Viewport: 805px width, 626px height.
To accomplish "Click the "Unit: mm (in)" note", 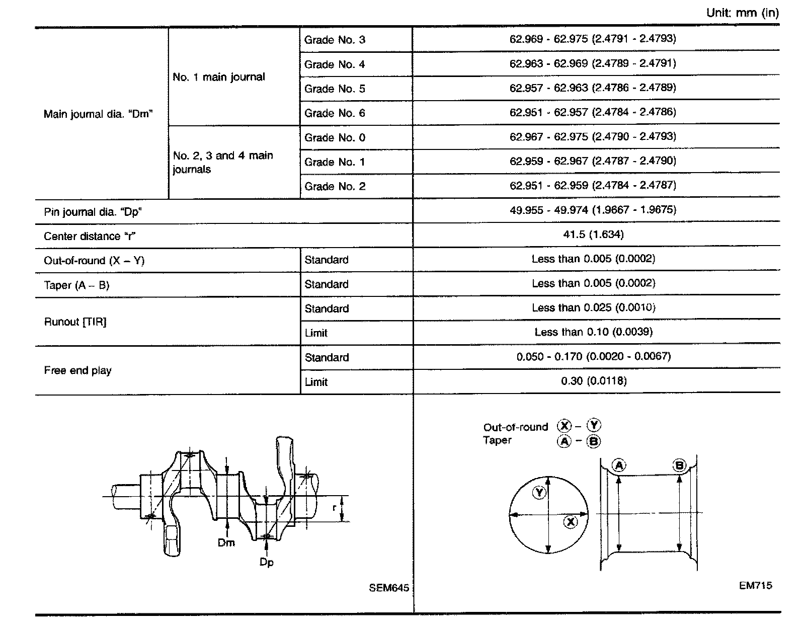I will tap(742, 13).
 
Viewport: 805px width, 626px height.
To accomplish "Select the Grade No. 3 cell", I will tap(335, 40).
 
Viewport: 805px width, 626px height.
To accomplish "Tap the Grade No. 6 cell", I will tap(335, 113).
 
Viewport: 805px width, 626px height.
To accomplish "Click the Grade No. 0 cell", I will tap(335, 137).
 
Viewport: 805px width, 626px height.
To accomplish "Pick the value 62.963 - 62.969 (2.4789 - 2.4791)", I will tap(592, 63).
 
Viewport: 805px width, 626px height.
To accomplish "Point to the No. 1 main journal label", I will tap(218, 77).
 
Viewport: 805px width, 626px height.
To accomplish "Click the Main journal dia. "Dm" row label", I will tap(98, 114).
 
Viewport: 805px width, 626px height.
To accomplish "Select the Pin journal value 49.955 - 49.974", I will tap(592, 210).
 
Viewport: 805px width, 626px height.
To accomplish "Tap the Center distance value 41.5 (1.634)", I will tap(593, 234).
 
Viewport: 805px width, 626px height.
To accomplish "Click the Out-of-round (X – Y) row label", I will tap(94, 261).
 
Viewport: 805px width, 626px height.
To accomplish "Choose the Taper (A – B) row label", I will tap(76, 285).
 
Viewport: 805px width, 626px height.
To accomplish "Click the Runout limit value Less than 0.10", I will tap(593, 332).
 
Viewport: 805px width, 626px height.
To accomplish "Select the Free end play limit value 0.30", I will tap(594, 381).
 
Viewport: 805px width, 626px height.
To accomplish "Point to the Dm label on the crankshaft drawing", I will tap(226, 543).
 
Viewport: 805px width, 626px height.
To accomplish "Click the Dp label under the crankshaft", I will tap(266, 562).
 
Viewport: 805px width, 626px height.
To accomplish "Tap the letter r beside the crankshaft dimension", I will tap(334, 508).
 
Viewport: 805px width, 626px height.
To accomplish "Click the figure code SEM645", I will tap(388, 588).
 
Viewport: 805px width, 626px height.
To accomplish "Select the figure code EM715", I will tap(755, 585).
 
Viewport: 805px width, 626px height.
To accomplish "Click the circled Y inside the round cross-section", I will tap(539, 492).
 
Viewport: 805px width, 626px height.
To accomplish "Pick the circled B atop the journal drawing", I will tap(679, 466).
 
